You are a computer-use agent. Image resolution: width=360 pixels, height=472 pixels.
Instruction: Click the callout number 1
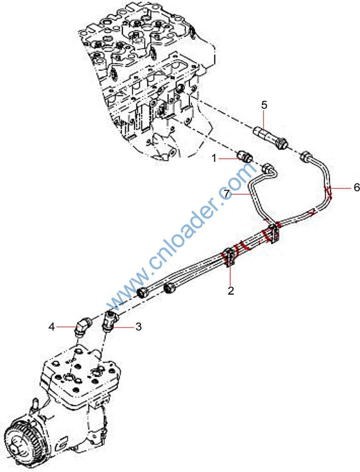214,159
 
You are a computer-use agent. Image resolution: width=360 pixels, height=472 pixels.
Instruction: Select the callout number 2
231,290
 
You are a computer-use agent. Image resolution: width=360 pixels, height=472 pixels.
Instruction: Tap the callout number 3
138,327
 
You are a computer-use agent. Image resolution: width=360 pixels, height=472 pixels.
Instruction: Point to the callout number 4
53,327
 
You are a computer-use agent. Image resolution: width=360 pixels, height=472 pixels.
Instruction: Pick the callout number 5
264,105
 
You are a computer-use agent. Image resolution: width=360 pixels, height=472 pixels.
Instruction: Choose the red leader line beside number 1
228,159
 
